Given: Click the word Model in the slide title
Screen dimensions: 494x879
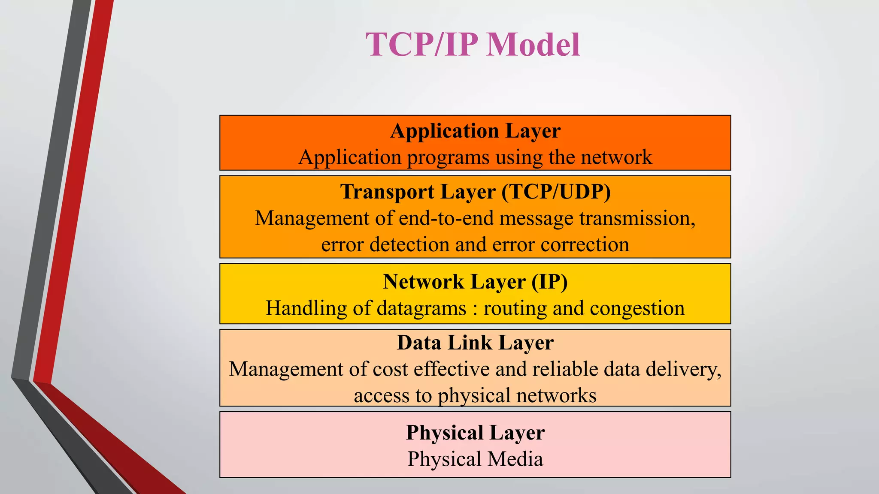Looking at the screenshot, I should tap(533, 45).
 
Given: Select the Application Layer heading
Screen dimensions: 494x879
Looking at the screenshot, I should tap(475, 131).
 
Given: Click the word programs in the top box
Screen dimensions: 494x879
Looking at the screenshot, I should tap(448, 158).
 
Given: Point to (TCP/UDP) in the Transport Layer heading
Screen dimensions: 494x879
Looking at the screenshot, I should tap(556, 192).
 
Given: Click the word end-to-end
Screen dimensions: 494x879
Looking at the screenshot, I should tap(446, 218).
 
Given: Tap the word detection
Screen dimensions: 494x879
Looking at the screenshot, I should tap(409, 244).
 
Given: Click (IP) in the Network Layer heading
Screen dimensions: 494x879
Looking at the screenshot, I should tap(549, 282).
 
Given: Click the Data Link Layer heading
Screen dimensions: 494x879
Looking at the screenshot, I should tap(475, 343).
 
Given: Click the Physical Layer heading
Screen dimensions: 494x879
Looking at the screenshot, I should tap(475, 433).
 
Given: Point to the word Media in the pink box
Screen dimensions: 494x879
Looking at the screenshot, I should tap(515, 459).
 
